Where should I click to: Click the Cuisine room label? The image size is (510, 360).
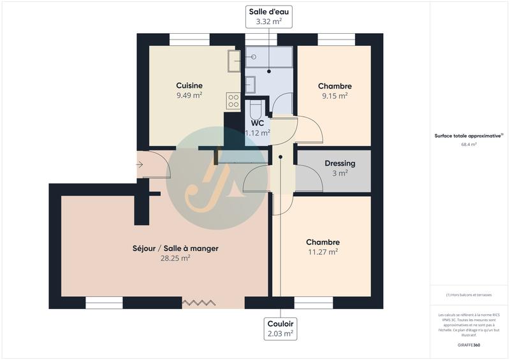pos(189,85)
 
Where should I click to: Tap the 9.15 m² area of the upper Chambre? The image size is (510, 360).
pos(334,96)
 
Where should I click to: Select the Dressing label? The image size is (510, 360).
pos(340,163)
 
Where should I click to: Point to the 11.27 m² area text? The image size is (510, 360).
pos(322,252)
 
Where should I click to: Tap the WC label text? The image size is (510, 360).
pos(258,123)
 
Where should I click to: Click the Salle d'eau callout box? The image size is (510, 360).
pos(268,16)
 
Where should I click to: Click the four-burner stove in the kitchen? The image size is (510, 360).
pos(233,101)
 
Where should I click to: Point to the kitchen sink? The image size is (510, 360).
pos(234,61)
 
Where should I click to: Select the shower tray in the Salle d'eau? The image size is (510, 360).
pos(269,57)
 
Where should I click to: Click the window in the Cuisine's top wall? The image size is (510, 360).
pos(189,40)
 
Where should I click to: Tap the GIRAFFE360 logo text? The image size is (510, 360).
pos(469,345)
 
